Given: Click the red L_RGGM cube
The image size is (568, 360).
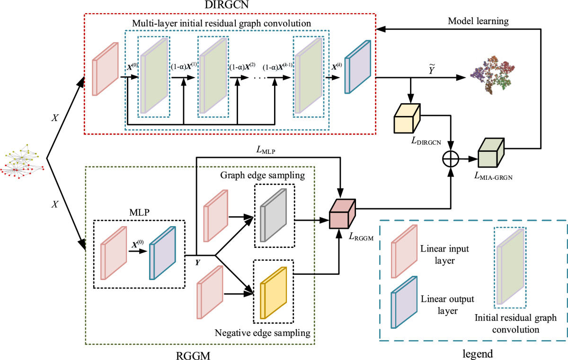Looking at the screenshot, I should click(342, 214).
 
